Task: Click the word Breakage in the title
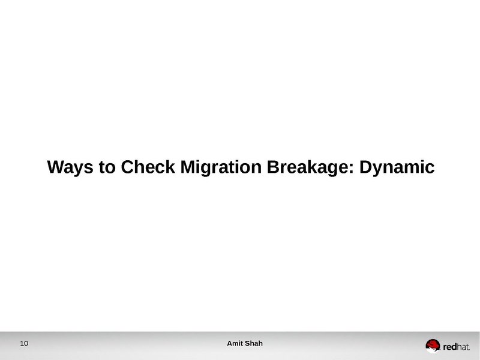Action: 310,167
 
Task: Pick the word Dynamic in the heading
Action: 396,167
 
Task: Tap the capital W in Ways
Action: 56,167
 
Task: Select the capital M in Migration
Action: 186,167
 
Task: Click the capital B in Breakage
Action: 272,167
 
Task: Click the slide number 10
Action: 24,344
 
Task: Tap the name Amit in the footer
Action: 235,343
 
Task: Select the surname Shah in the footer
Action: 254,343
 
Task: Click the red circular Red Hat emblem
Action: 433,345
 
